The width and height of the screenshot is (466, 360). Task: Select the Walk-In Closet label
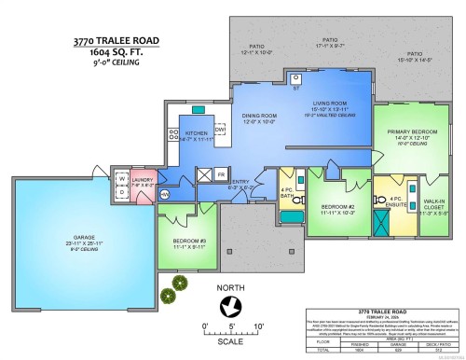click(432, 208)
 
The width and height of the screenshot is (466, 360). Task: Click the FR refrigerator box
click(221, 174)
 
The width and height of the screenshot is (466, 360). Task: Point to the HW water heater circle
click(164, 194)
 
